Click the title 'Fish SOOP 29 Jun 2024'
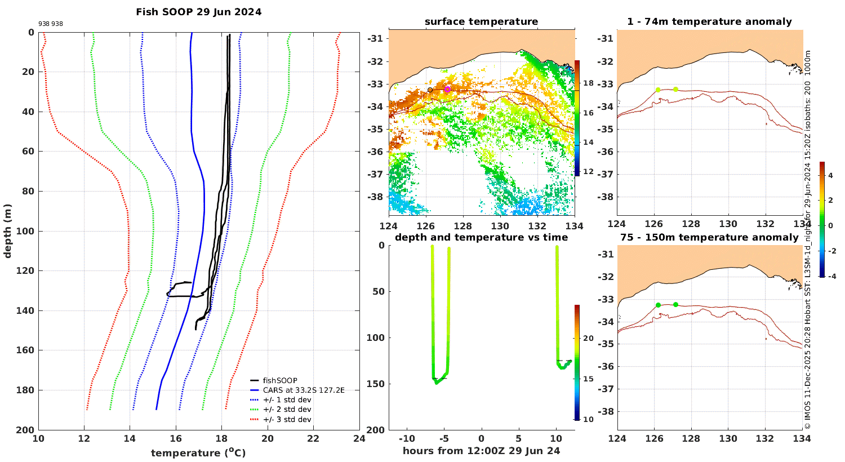(x=198, y=12)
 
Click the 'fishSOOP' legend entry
(x=280, y=380)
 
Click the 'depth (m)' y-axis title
(x=7, y=231)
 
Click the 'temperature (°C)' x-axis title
(x=198, y=452)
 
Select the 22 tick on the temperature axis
(x=313, y=438)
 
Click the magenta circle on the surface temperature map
(x=447, y=90)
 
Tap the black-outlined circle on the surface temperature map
(x=430, y=90)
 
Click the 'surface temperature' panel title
(x=481, y=21)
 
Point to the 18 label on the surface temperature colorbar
(x=589, y=83)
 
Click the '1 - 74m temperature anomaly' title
(x=710, y=21)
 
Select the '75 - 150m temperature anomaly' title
(x=710, y=237)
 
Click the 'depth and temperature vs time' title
(x=481, y=237)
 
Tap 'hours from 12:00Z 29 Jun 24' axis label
(x=481, y=451)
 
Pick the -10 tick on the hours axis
(x=407, y=438)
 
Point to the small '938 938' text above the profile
(x=51, y=24)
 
